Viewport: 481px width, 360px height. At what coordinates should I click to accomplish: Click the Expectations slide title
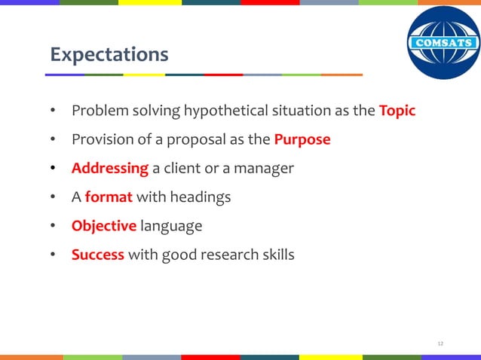coord(109,55)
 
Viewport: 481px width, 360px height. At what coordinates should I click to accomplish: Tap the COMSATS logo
coord(443,43)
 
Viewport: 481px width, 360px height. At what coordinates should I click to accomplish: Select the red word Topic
coord(397,111)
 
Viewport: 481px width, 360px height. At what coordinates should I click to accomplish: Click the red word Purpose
coord(302,140)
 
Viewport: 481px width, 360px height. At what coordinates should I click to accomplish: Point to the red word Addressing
coord(110,169)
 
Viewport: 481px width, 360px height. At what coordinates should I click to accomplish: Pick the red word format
coord(109,197)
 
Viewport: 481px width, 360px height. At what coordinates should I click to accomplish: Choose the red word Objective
coord(104,226)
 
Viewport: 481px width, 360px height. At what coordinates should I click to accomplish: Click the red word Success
coord(98,255)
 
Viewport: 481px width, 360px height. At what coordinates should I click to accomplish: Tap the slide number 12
coord(440,344)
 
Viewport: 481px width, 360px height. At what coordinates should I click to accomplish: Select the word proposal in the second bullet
coord(200,140)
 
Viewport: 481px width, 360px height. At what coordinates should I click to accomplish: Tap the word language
coord(171,226)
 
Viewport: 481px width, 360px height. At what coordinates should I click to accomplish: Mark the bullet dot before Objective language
coord(54,226)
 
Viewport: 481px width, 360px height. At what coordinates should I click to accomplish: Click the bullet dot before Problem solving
coord(54,111)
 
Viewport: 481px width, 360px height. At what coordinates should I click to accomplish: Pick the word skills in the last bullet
coord(276,255)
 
